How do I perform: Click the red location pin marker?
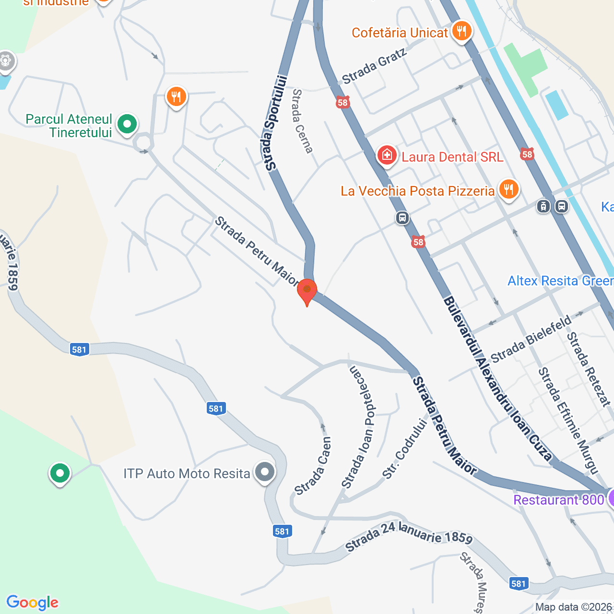point(307,290)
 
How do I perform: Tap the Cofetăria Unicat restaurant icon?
point(461,31)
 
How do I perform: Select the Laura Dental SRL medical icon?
point(387,155)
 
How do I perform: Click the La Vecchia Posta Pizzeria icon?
point(508,189)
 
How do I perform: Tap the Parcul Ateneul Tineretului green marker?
point(127,125)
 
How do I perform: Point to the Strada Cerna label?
point(302,121)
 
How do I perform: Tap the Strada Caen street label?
point(313,466)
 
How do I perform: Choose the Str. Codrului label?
point(405,449)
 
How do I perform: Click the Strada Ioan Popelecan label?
point(361,427)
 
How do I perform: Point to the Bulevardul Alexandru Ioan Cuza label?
point(497,379)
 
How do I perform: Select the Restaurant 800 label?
point(558,500)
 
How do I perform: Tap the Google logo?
point(33,602)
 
